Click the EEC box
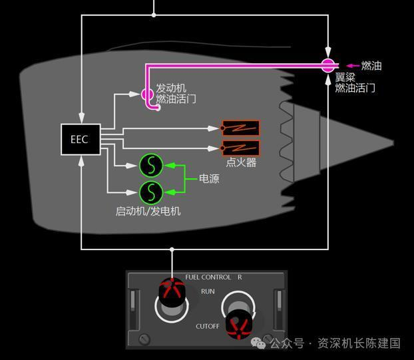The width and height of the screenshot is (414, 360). [x=80, y=139]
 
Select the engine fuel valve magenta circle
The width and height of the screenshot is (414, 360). [x=148, y=94]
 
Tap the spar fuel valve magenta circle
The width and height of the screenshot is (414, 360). [x=327, y=65]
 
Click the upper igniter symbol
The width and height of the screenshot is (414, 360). [x=240, y=128]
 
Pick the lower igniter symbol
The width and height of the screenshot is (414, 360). [x=240, y=148]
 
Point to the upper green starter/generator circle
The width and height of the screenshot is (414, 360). [x=151, y=164]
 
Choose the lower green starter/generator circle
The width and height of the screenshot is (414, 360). [x=151, y=192]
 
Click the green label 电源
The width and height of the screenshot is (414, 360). [x=209, y=179]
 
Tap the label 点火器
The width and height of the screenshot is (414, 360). [x=241, y=162]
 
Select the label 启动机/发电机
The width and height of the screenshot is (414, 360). [x=148, y=211]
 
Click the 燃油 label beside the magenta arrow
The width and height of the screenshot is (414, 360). [x=371, y=66]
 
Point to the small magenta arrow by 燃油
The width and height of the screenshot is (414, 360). [x=352, y=66]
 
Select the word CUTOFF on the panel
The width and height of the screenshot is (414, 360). [x=207, y=327]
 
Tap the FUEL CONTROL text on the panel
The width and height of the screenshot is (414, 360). [x=208, y=277]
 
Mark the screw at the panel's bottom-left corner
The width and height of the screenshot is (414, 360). [x=144, y=340]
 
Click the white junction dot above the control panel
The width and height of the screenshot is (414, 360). [x=172, y=250]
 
